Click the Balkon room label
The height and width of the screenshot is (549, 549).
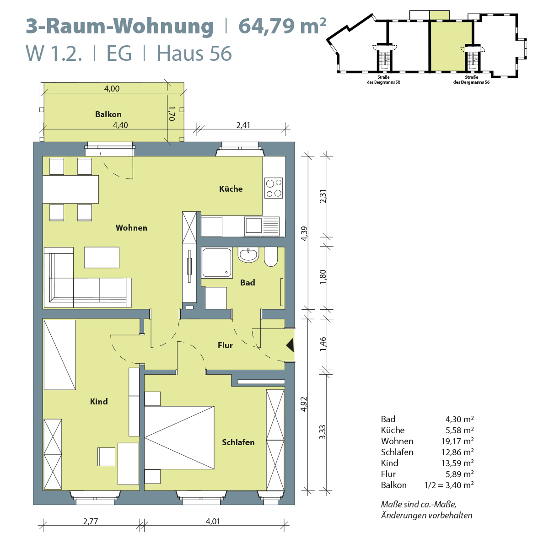pyautogui.click(x=108, y=114)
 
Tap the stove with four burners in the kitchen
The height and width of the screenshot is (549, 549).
pyautogui.click(x=274, y=188)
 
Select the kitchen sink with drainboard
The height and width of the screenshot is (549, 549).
pyautogui.click(x=262, y=226)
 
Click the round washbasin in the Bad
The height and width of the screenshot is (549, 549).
pyautogui.click(x=248, y=255)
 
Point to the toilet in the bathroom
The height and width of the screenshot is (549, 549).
pyautogui.click(x=271, y=257)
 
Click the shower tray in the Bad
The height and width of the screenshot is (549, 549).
pyautogui.click(x=217, y=263)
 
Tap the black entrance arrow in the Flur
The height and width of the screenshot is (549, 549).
pyautogui.click(x=290, y=345)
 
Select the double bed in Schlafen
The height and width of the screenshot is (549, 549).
pyautogui.click(x=179, y=437)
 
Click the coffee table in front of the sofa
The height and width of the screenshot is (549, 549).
pyautogui.click(x=102, y=257)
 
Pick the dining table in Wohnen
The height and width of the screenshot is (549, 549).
pyautogui.click(x=70, y=189)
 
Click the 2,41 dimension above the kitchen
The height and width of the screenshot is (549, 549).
pyautogui.click(x=243, y=125)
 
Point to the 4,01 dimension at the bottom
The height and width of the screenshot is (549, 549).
pyautogui.click(x=213, y=521)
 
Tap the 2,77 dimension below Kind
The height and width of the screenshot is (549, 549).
pyautogui.click(x=91, y=521)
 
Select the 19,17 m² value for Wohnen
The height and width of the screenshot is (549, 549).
pyautogui.click(x=457, y=441)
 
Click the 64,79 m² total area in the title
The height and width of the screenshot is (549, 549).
pyautogui.click(x=282, y=26)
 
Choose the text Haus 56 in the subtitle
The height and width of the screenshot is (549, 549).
pyautogui.click(x=194, y=53)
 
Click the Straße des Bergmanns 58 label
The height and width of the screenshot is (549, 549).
pyautogui.click(x=383, y=80)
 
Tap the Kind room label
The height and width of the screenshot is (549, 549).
pyautogui.click(x=99, y=401)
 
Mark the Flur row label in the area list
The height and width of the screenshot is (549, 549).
pyautogui.click(x=388, y=474)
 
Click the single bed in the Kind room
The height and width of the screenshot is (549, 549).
pyautogui.click(x=59, y=355)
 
